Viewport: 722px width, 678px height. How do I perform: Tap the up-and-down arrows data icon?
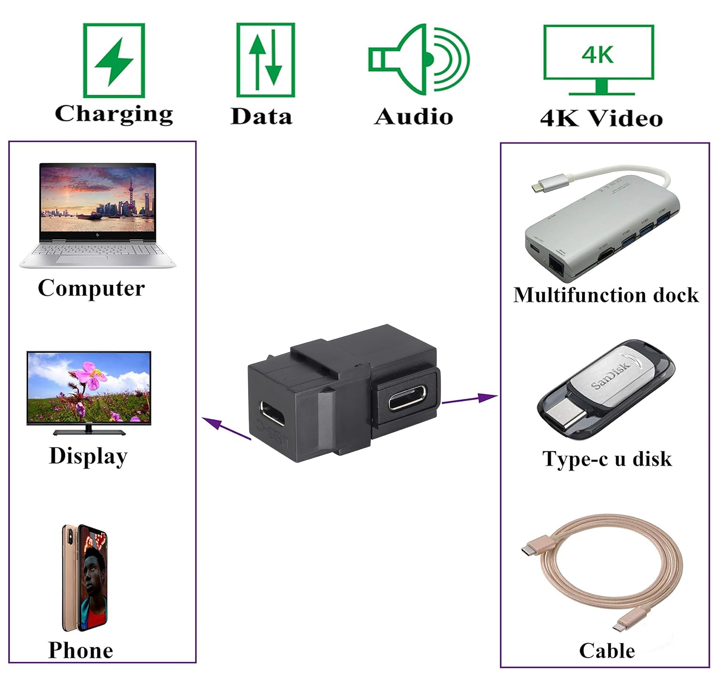265,60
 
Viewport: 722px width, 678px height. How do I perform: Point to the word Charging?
114,114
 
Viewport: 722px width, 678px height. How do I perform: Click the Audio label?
414,117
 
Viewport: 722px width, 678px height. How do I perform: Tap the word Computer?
91,288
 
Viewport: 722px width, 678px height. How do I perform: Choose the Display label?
88,456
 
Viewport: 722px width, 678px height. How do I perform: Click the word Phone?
81,650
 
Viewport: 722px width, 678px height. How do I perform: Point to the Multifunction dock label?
605,295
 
